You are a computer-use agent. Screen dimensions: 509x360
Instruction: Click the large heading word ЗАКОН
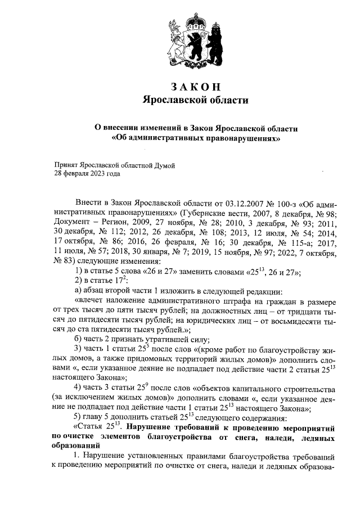[x=195, y=87]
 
